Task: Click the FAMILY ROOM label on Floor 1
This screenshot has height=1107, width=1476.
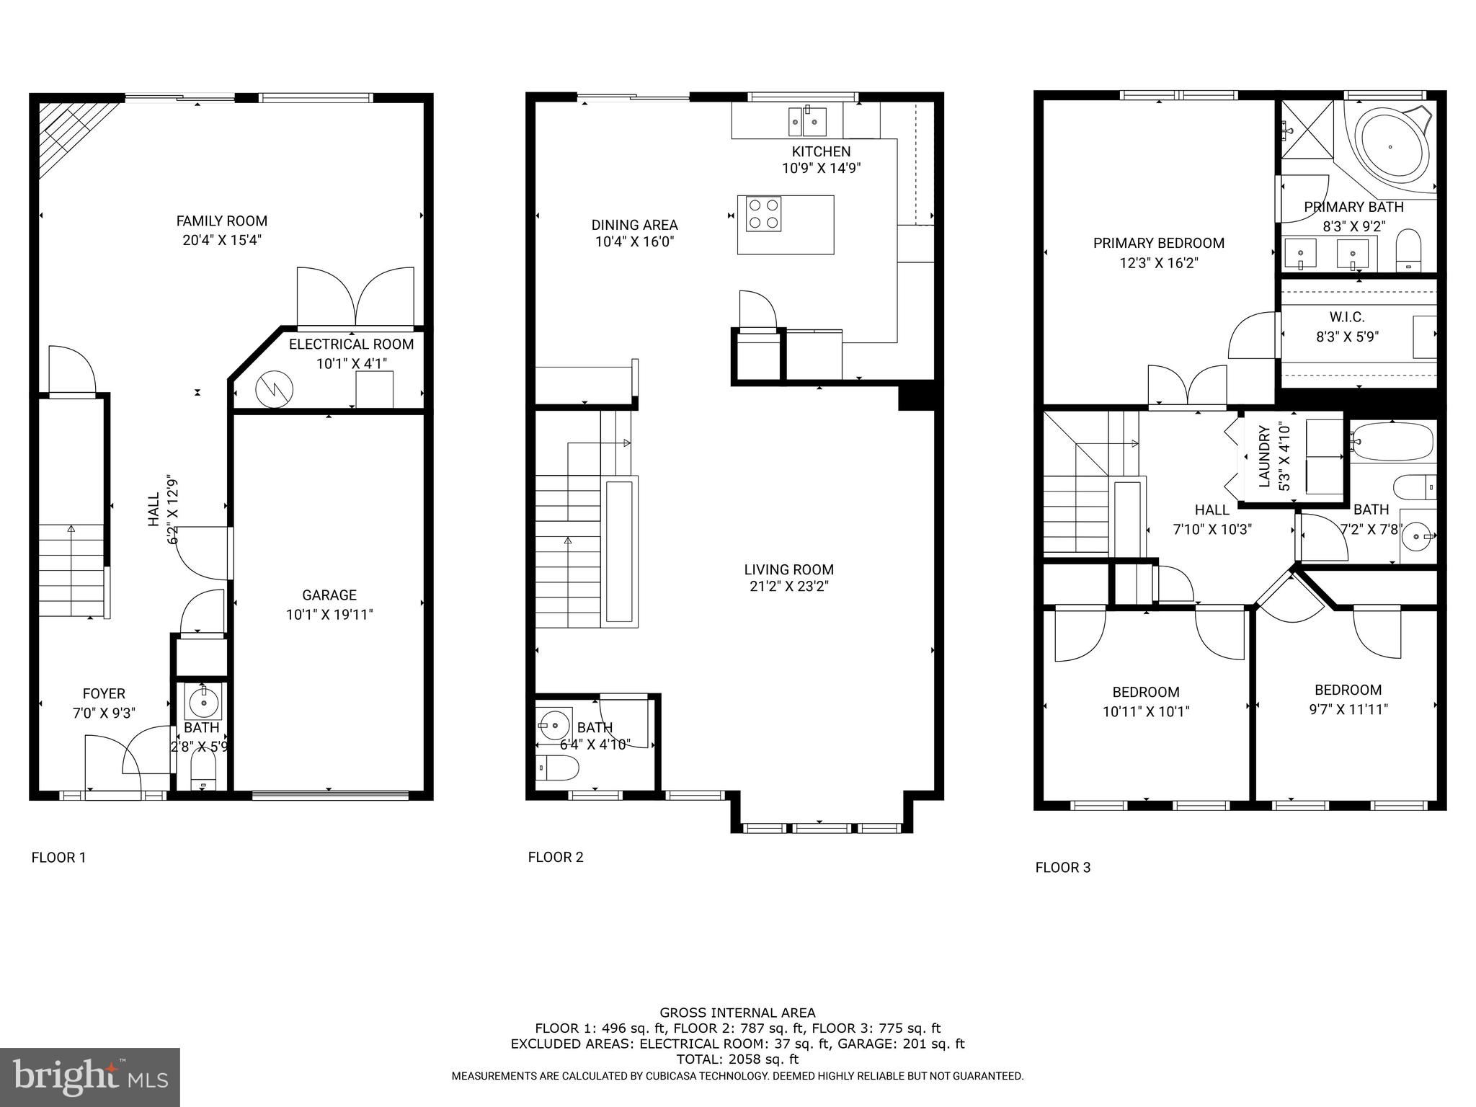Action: [x=221, y=221]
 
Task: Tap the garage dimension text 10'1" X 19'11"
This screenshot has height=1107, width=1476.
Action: [x=329, y=615]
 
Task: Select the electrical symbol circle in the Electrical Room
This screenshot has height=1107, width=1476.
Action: [x=275, y=389]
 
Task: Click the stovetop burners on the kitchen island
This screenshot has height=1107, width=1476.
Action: [x=763, y=214]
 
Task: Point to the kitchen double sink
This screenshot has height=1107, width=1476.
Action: [x=806, y=121]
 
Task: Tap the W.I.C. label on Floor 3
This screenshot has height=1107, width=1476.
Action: [x=1346, y=317]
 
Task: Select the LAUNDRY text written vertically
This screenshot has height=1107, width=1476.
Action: [x=1264, y=456]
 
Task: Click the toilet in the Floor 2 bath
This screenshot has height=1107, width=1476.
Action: [x=559, y=769]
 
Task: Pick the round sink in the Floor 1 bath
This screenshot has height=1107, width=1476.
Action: [x=204, y=701]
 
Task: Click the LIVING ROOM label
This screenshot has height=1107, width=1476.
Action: [x=788, y=569]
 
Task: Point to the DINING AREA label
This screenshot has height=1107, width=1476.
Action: [x=634, y=225]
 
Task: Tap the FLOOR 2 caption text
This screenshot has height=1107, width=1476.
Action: [x=555, y=857]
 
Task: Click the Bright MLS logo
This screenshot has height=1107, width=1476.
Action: [x=89, y=1077]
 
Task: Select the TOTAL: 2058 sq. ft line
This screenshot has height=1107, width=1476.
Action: [x=737, y=1059]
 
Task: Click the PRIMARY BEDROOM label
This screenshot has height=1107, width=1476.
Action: [x=1158, y=244]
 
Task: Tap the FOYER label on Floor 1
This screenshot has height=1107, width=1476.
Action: [x=104, y=693]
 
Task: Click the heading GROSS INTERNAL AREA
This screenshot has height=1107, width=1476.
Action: [x=737, y=1013]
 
